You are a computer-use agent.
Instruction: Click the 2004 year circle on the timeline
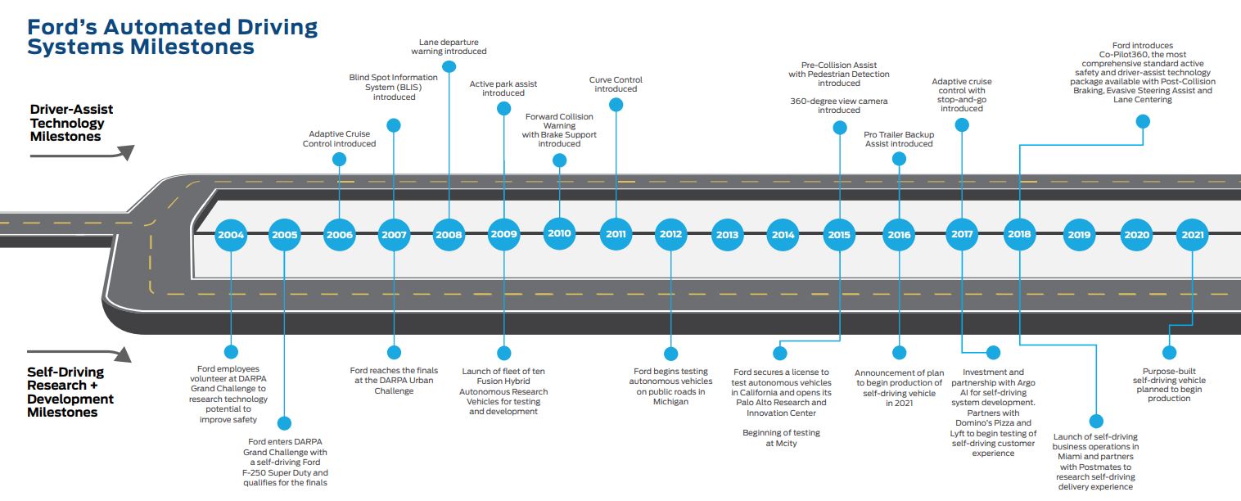click(231, 234)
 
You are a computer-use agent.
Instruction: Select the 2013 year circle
click(727, 234)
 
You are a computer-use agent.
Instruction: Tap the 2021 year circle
click(1192, 234)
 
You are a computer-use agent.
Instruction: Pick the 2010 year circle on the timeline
click(559, 233)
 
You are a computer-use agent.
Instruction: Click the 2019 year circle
click(1079, 234)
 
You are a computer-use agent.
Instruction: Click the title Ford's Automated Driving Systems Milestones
click(172, 37)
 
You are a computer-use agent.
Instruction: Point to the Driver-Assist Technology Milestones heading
click(71, 123)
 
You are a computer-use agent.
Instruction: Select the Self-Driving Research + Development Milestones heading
click(70, 392)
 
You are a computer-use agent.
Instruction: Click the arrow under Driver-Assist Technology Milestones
click(82, 154)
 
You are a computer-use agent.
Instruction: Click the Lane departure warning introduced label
click(449, 47)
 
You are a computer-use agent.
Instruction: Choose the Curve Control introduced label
click(616, 84)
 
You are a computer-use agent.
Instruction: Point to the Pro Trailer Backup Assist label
click(899, 139)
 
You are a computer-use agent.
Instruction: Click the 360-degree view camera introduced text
click(839, 106)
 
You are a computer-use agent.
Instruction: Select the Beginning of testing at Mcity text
click(781, 438)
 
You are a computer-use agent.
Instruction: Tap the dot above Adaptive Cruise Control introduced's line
click(339, 160)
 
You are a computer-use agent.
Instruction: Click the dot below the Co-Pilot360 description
click(1143, 121)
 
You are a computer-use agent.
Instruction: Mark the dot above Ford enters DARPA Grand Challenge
click(284, 423)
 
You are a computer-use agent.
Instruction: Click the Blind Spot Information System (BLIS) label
click(394, 87)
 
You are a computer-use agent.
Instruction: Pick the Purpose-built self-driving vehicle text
click(1169, 385)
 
